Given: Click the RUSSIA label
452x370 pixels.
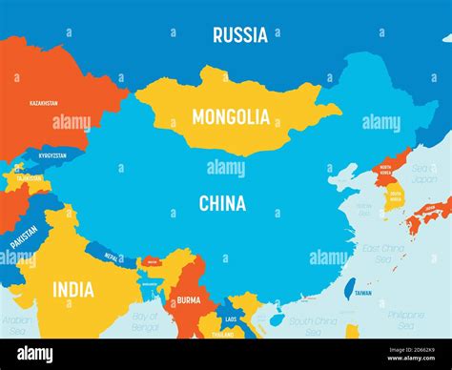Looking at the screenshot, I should (240, 35).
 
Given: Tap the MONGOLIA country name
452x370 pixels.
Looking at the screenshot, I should (231, 117).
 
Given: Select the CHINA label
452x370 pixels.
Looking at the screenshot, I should (222, 203).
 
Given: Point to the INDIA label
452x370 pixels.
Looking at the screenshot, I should (72, 289).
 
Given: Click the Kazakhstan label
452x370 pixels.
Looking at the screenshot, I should (43, 102).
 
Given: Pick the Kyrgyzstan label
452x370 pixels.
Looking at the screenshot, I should (53, 154).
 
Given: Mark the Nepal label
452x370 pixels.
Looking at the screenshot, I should (113, 257).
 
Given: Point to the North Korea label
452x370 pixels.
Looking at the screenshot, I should (386, 169).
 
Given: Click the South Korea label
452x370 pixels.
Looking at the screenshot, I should (395, 195).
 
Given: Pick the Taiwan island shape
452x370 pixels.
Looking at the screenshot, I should (349, 288).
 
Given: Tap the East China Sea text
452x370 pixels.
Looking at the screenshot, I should (382, 252).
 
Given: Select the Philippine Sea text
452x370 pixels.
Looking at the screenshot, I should (405, 319).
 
